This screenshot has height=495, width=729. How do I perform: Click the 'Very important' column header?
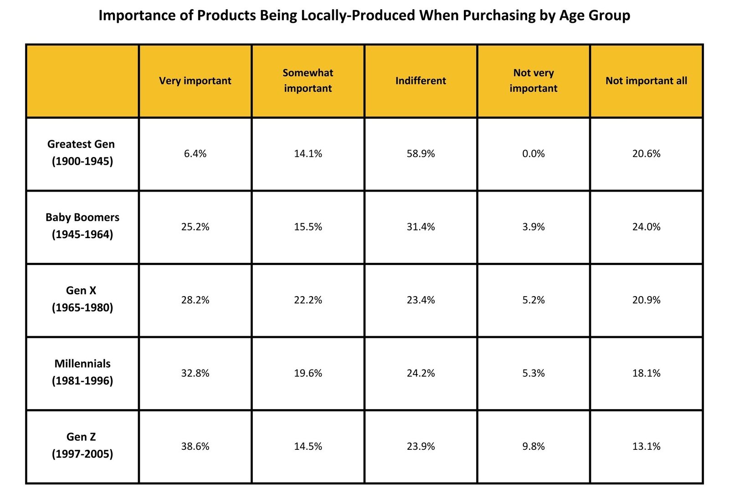coord(195,81)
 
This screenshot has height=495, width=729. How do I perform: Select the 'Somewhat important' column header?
coord(308,80)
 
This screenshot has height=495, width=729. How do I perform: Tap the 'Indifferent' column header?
coord(421,81)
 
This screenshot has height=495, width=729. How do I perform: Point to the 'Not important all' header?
coord(646,81)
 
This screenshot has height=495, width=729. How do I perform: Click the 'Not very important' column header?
coord(533,80)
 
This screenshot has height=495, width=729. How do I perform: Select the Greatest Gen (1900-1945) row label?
coord(82,152)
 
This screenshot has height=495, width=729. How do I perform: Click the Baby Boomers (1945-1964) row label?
coord(82,226)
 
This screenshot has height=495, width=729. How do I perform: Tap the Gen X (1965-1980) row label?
coord(82,299)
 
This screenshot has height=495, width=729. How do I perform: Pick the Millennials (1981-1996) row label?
coord(82,372)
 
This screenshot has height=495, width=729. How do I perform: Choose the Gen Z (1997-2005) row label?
coord(82,445)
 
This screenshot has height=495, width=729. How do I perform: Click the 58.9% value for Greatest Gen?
coord(421,154)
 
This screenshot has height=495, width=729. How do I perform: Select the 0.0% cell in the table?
coord(533,154)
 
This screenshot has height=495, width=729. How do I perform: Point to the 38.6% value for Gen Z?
coord(195,446)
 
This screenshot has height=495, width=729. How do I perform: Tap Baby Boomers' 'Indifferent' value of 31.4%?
coord(421,227)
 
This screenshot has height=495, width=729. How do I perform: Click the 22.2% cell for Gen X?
coord(308,300)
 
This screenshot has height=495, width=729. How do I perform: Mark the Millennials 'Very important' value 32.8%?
coord(195,373)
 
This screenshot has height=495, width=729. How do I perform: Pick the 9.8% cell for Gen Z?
coord(533,446)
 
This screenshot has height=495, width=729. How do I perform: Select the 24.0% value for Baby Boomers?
coord(646,227)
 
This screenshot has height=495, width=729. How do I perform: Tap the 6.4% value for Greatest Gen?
coord(195,154)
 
